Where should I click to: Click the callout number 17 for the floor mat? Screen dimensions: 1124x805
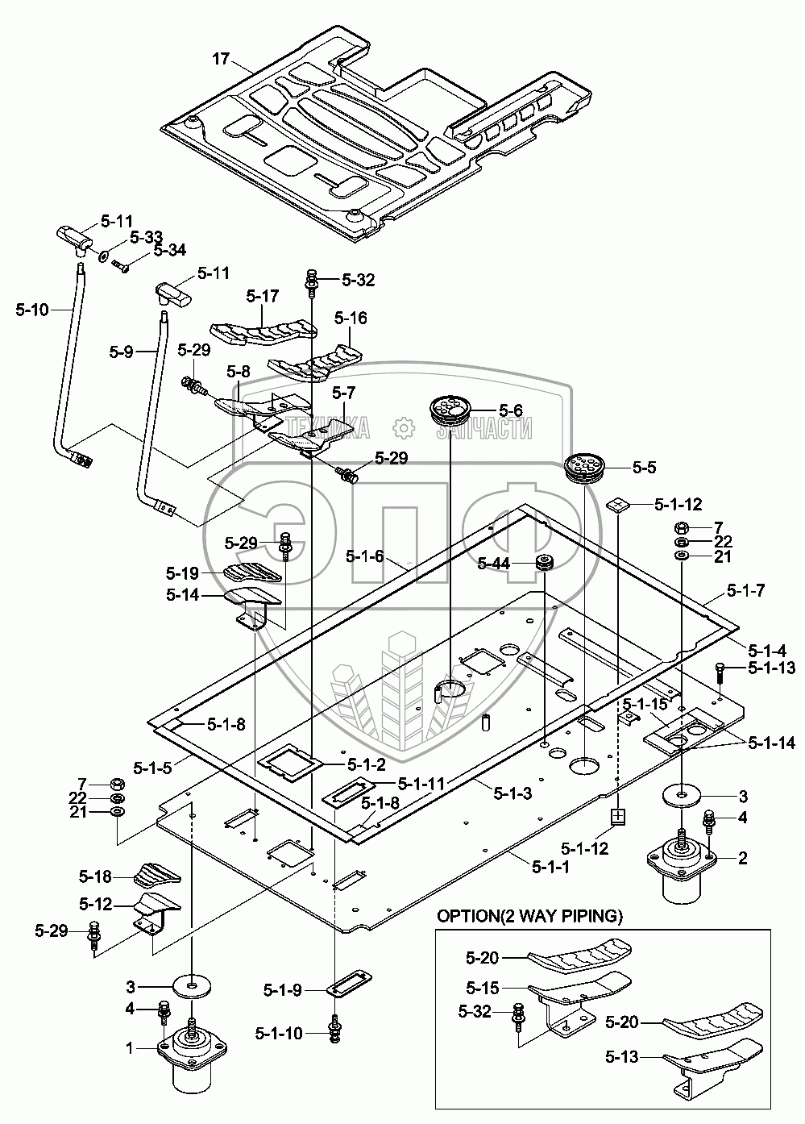pos(222,59)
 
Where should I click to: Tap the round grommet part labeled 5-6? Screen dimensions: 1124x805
pos(450,410)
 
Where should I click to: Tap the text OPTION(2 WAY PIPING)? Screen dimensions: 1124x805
pos(529,917)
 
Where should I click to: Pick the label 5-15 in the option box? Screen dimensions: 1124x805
pos(483,987)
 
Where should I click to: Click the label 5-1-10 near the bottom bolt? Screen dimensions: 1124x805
pos(279,1032)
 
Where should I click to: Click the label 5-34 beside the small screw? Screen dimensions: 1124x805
pos(169,251)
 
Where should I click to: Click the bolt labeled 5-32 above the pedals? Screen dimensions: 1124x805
pos(311,282)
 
